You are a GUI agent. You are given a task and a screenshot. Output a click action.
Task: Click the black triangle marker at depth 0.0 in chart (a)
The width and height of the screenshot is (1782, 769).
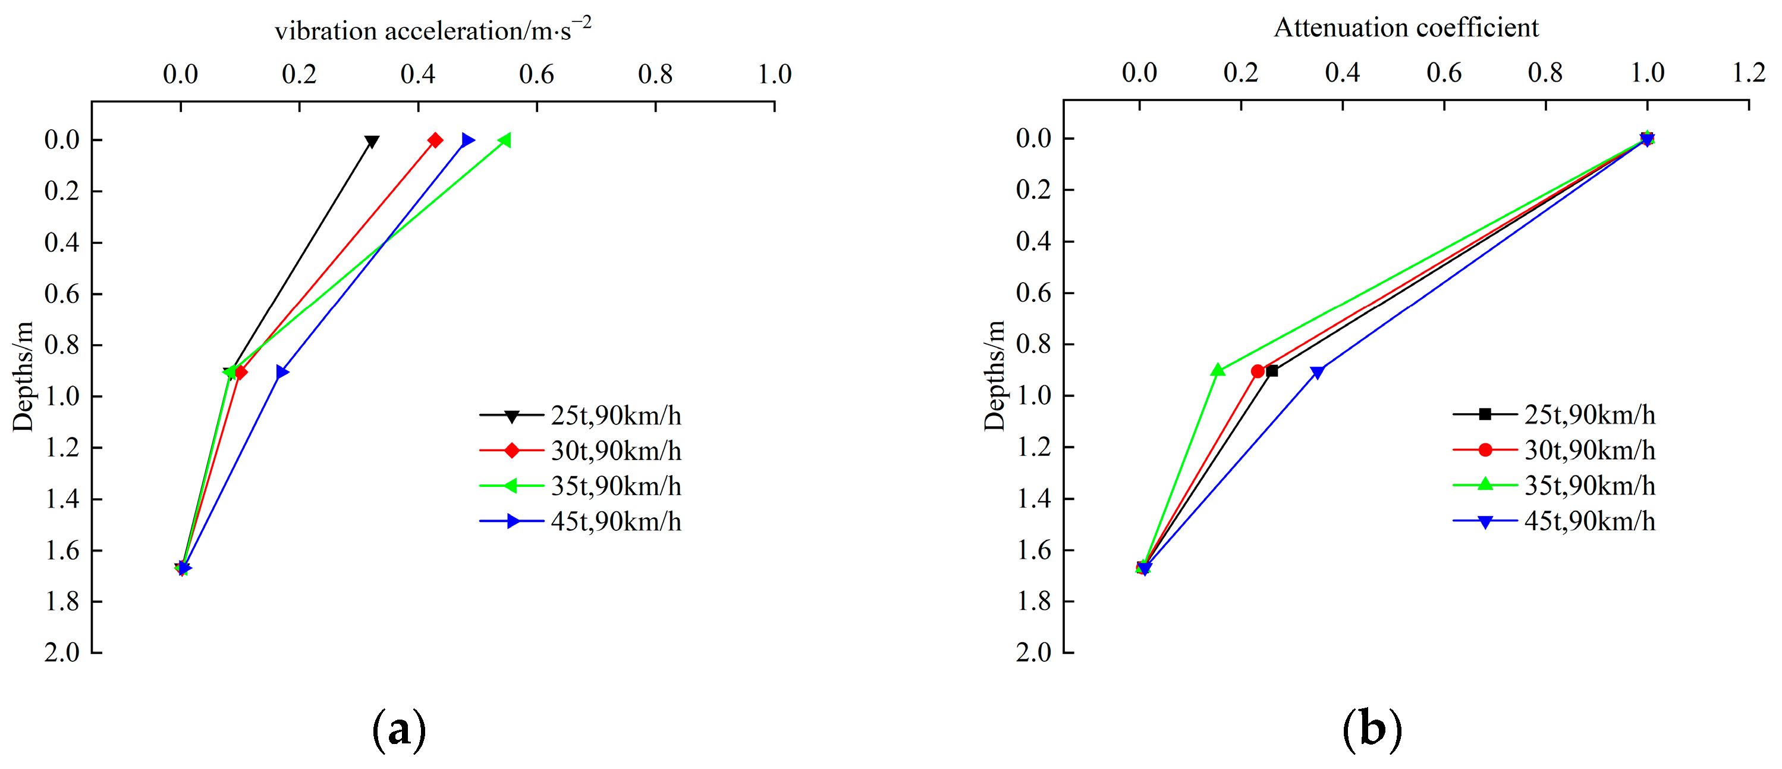[x=372, y=142]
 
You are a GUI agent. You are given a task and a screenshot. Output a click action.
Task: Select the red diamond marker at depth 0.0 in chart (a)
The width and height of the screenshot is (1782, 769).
[x=435, y=140]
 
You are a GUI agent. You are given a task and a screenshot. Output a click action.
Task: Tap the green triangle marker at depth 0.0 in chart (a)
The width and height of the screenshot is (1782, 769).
[x=505, y=140]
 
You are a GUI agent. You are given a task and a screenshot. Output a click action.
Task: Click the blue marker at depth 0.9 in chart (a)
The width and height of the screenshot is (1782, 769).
[x=282, y=373]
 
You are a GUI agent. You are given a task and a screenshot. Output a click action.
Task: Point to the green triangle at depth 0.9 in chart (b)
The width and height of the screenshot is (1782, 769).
[x=1218, y=370]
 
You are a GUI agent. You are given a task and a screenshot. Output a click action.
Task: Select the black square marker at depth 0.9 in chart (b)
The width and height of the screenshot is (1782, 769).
[x=1271, y=371]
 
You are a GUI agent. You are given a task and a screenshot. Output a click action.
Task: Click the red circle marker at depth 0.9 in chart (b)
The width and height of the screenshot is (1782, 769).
[x=1258, y=371]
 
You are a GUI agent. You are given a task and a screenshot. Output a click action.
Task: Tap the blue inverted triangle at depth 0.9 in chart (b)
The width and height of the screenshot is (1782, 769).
[x=1318, y=373]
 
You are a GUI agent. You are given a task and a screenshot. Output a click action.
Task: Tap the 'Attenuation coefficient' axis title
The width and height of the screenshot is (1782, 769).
[x=1406, y=28]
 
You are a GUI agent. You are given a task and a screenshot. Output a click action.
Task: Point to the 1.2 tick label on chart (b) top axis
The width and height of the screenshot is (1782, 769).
[x=1749, y=73]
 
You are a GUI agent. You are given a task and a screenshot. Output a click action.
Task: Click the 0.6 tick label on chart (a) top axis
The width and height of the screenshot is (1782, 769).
[x=537, y=74]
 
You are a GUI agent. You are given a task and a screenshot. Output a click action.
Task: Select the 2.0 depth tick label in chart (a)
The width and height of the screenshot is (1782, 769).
[x=62, y=652]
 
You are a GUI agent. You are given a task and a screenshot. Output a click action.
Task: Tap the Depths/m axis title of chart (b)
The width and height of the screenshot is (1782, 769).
[x=994, y=376]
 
